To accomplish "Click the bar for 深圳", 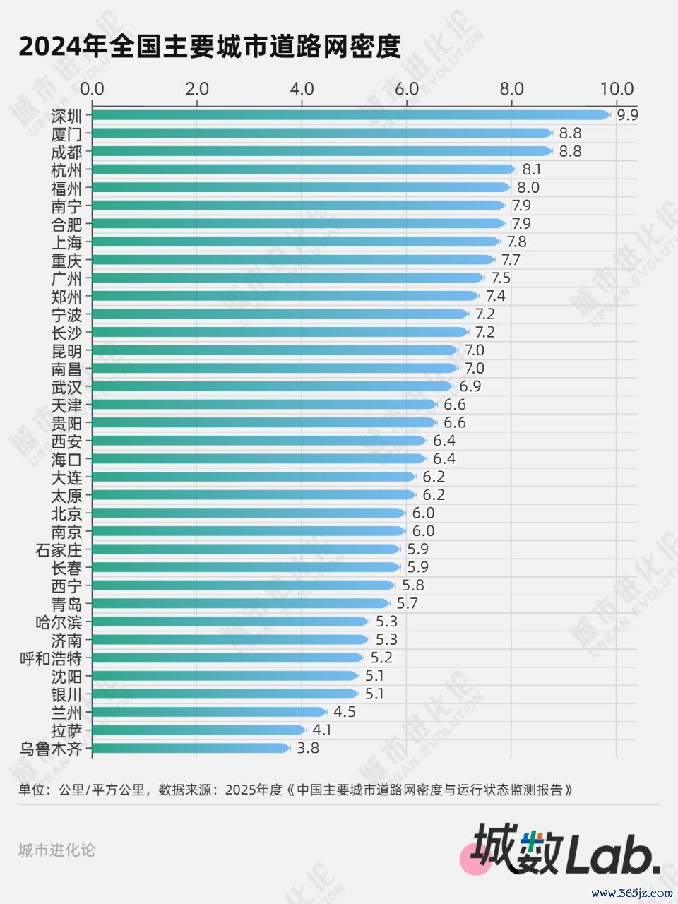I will point(350,115).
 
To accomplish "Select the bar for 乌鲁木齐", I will point(191,748).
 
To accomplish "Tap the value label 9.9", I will point(627,115).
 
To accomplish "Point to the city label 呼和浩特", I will point(51,658).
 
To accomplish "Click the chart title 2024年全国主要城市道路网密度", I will point(210,47).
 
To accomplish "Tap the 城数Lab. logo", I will point(565,850).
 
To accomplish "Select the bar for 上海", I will point(295,242).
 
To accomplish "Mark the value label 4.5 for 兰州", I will point(345,712).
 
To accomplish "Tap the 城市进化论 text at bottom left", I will point(56,850).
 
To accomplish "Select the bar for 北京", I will point(248,513).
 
